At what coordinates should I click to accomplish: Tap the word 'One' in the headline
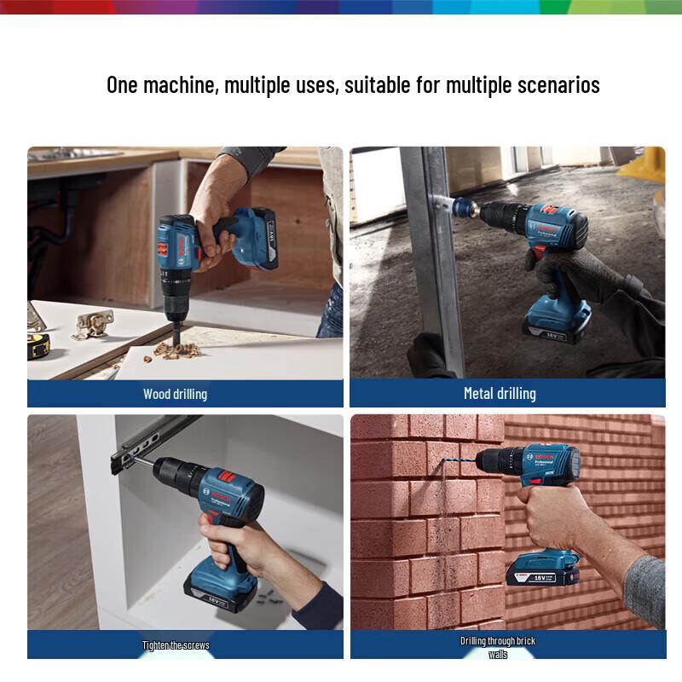[123, 85]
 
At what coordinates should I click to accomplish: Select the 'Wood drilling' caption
[175, 394]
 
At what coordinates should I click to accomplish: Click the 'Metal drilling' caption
[500, 393]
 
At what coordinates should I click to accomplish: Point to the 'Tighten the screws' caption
[176, 645]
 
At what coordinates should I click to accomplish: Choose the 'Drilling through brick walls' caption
[498, 646]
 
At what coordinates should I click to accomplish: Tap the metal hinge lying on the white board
[90, 321]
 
